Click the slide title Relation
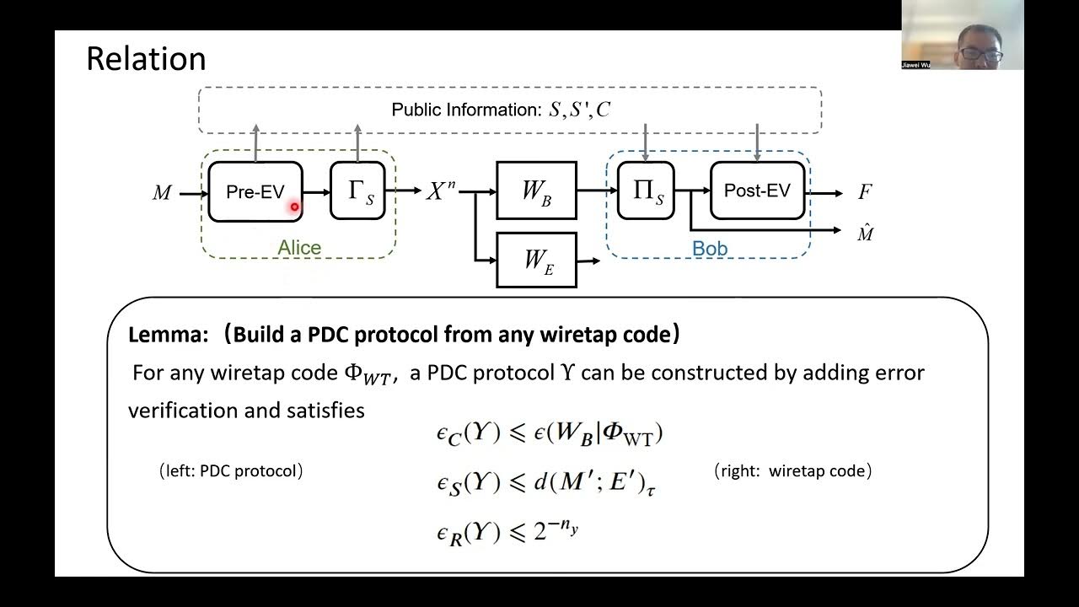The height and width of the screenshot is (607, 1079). pos(146,59)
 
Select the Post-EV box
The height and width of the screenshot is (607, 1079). pos(757,191)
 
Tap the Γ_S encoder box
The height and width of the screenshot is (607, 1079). pos(357,191)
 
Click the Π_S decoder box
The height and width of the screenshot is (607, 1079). pos(646,191)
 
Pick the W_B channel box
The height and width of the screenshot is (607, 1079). pos(536,191)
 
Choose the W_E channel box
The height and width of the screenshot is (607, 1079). pos(536,260)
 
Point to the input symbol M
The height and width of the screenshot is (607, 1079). pos(162,193)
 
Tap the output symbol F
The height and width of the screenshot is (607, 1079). pos(865,192)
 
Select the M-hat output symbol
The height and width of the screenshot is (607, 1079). pos(865,234)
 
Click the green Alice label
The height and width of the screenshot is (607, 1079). pos(299,248)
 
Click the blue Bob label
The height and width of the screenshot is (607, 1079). pos(709,249)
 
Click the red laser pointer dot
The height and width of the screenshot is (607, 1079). pos(295,207)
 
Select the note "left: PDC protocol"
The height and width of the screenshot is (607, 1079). pos(231,471)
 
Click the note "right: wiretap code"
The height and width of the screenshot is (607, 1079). pos(792,471)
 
